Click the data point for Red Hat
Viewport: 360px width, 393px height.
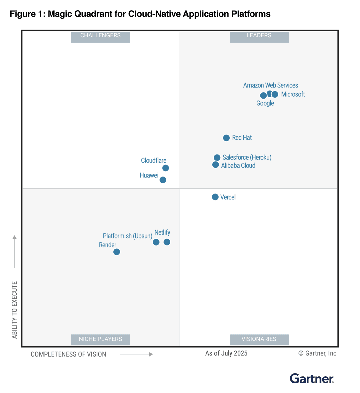(226, 138)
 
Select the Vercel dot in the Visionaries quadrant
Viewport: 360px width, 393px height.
(215, 197)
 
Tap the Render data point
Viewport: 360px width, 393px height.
(117, 252)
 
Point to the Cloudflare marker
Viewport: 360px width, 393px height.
(166, 168)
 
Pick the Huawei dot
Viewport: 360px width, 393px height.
(163, 180)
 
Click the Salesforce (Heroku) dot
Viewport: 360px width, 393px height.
(217, 158)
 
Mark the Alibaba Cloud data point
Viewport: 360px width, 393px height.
(216, 165)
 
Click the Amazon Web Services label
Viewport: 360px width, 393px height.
(270, 85)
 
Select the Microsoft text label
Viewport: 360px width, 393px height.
(293, 94)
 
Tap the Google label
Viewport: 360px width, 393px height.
(265, 103)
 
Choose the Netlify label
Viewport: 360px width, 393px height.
(162, 232)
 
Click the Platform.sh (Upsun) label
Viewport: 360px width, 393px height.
(127, 236)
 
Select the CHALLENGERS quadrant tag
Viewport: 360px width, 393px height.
(100, 36)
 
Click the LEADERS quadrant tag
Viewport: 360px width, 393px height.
(259, 36)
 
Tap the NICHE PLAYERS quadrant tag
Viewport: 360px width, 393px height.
(100, 339)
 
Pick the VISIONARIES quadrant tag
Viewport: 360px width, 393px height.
(259, 339)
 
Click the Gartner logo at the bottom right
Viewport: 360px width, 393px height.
(312, 379)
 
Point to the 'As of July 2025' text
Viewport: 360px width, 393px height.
(226, 353)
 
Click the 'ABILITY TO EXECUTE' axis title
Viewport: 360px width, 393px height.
(14, 310)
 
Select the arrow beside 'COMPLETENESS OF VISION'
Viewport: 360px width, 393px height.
(136, 354)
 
